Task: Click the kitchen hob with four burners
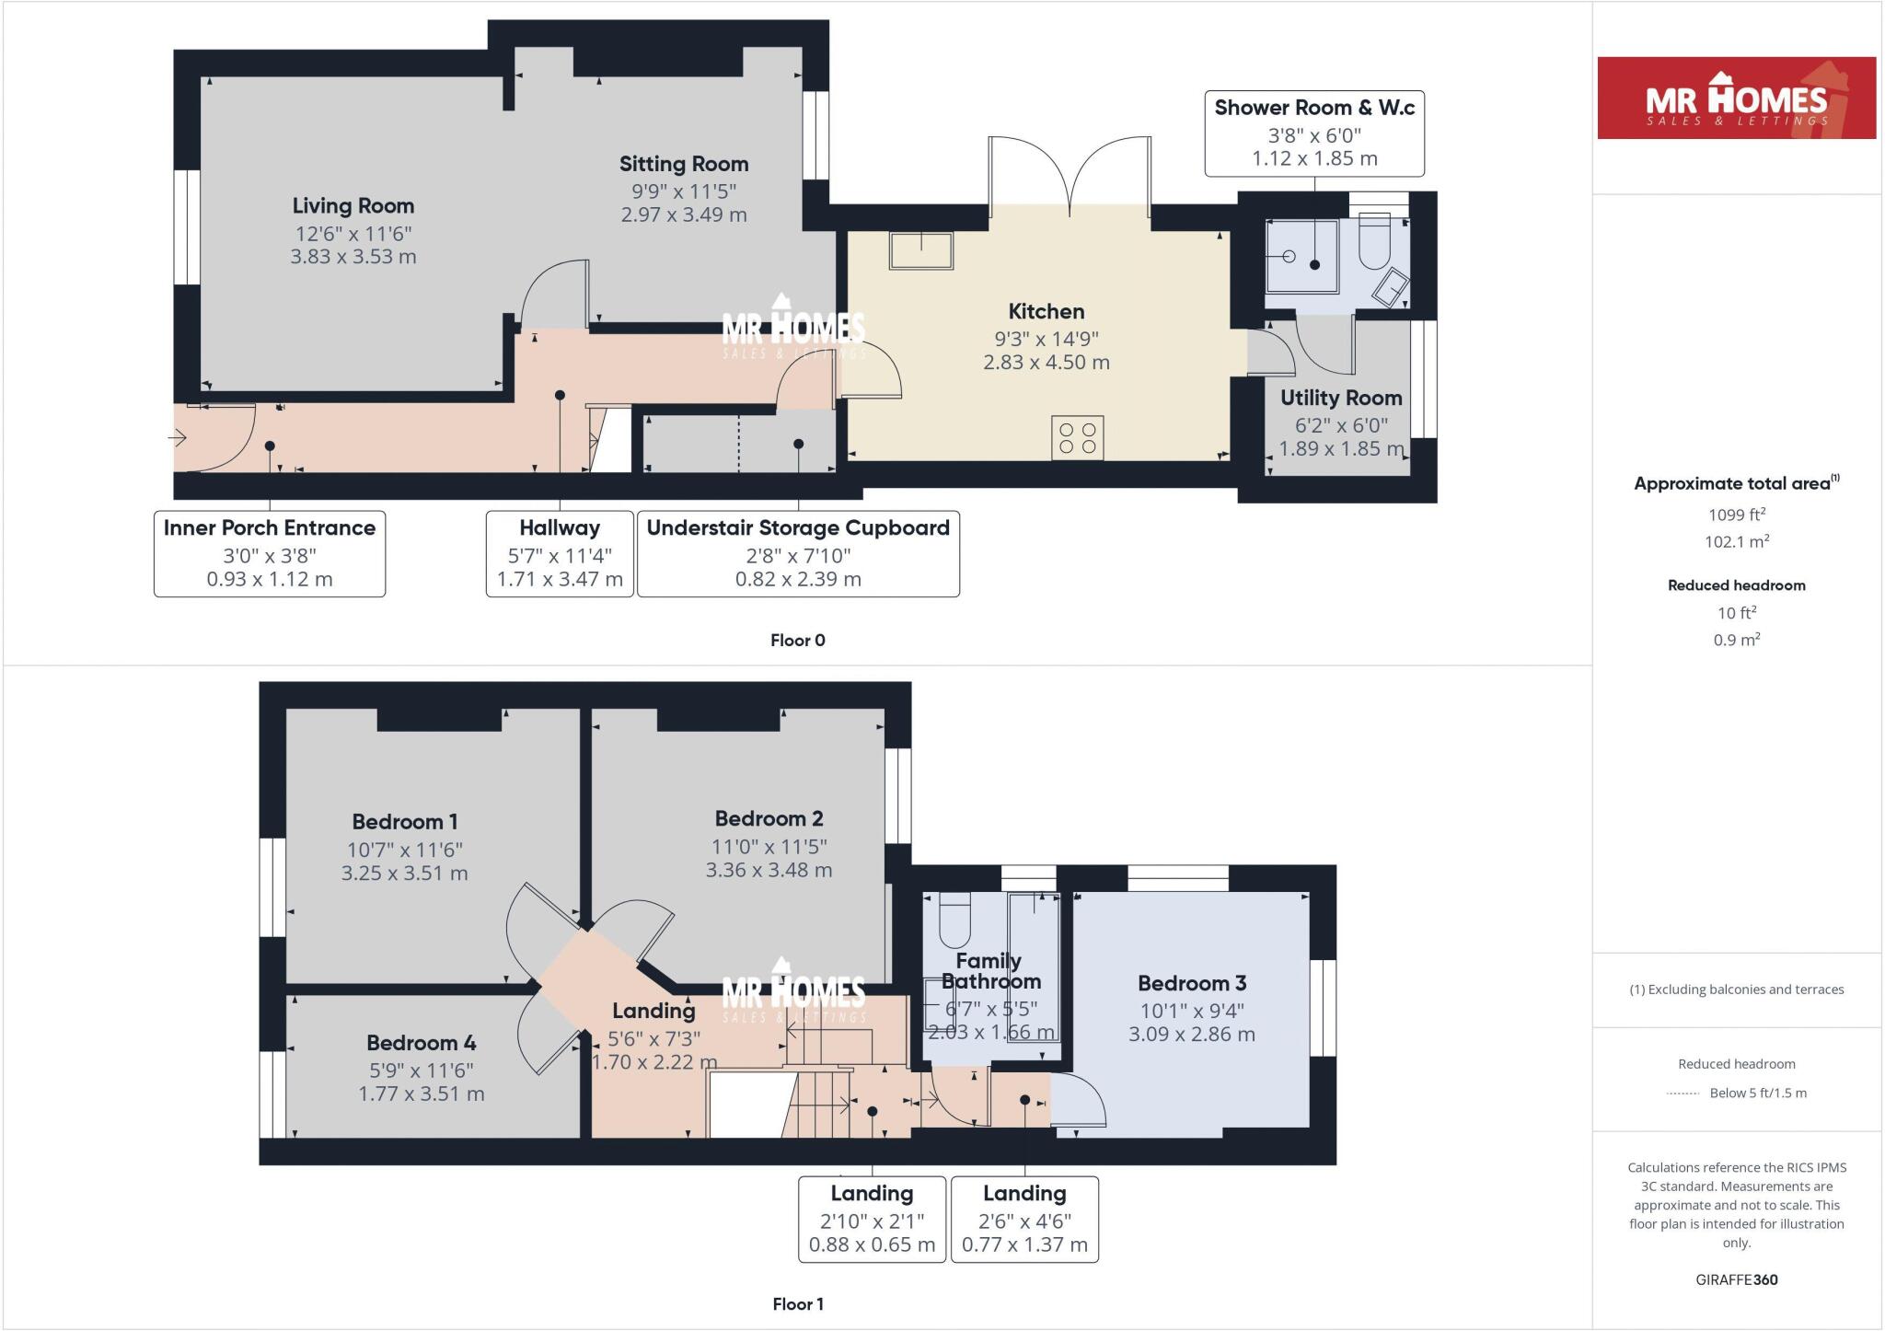coord(1077,438)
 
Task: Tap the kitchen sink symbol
coord(920,249)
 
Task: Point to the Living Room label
coord(353,205)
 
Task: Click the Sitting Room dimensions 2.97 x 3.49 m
coord(684,214)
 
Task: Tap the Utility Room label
coord(1341,398)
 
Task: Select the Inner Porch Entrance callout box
coord(269,553)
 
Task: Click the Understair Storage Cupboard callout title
coord(797,527)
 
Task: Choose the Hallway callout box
coord(559,553)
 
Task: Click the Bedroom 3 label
coord(1192,983)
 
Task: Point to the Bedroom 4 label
coord(421,1043)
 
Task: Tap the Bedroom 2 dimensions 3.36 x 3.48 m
coord(769,870)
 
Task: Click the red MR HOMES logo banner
coord(1736,98)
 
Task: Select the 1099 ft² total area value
coord(1736,515)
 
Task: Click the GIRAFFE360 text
coord(1736,1279)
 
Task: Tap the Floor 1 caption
coord(797,1303)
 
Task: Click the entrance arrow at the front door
coord(179,438)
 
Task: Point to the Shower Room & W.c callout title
coord(1314,108)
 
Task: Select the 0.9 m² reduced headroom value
coord(1736,640)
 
